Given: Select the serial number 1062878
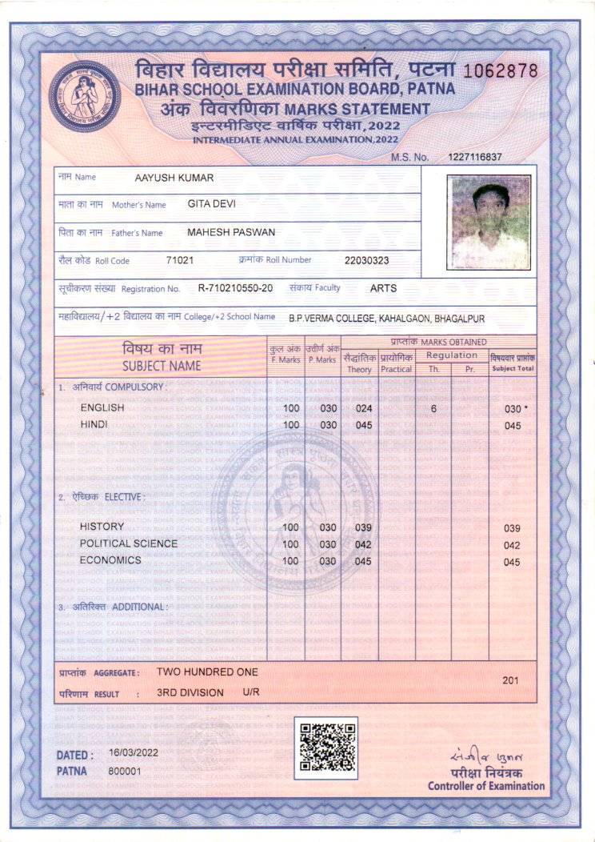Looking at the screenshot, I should point(501,70).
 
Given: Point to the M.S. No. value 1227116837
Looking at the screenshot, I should point(475,157).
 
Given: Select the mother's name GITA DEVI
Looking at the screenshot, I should point(211,204).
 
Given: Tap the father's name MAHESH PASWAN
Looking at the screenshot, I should point(230,232).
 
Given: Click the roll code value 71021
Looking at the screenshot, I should point(180,260).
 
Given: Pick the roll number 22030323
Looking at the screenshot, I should point(366,260).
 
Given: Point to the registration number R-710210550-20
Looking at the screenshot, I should point(235,288).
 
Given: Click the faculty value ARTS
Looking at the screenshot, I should point(383,288).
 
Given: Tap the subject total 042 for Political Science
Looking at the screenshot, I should point(512,546).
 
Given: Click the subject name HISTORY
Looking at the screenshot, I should point(102,527).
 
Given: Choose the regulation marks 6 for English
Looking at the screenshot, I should point(433,408).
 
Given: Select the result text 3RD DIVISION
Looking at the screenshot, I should point(190,692).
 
